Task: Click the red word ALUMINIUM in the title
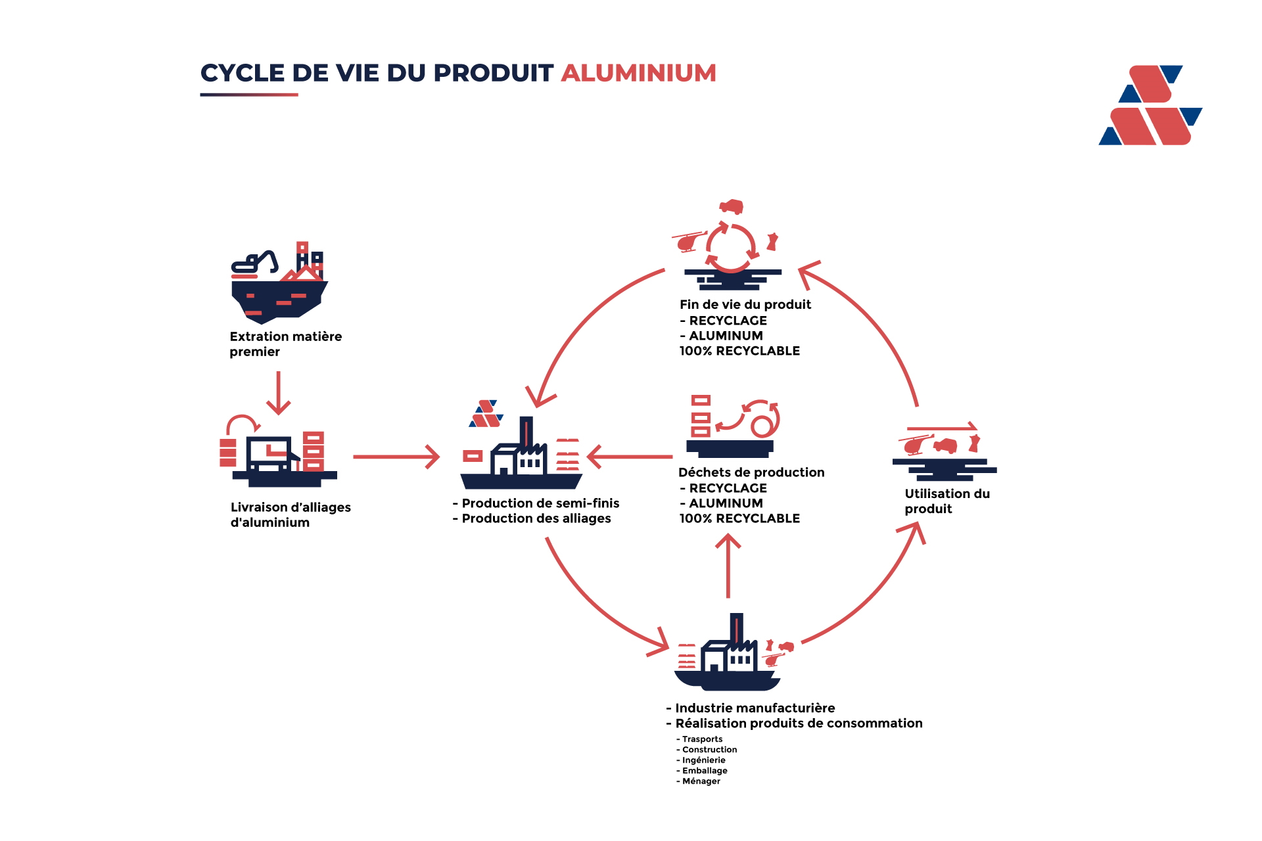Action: pyautogui.click(x=638, y=73)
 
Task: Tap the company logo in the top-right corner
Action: pyautogui.click(x=1150, y=105)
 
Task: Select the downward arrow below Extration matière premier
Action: pyautogui.click(x=279, y=393)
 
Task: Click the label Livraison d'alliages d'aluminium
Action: pyautogui.click(x=291, y=514)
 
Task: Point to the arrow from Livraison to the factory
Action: pyautogui.click(x=396, y=457)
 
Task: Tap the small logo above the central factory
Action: pyautogui.click(x=486, y=414)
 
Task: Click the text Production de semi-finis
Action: pyautogui.click(x=540, y=503)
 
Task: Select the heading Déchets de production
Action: pyautogui.click(x=751, y=472)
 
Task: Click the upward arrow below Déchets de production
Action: pyautogui.click(x=728, y=566)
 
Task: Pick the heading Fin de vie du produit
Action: pyautogui.click(x=745, y=304)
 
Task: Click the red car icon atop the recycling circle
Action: pyautogui.click(x=731, y=207)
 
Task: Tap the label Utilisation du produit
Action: pyautogui.click(x=947, y=501)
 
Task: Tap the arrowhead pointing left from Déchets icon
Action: pyautogui.click(x=594, y=457)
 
